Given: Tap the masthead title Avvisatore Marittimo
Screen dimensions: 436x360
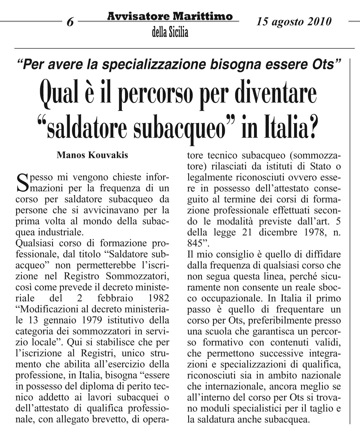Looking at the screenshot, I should pyautogui.click(x=170, y=17).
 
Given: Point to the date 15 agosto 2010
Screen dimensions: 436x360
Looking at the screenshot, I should pyautogui.click(x=294, y=21).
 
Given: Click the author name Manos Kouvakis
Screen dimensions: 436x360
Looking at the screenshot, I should pyautogui.click(x=92, y=155).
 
